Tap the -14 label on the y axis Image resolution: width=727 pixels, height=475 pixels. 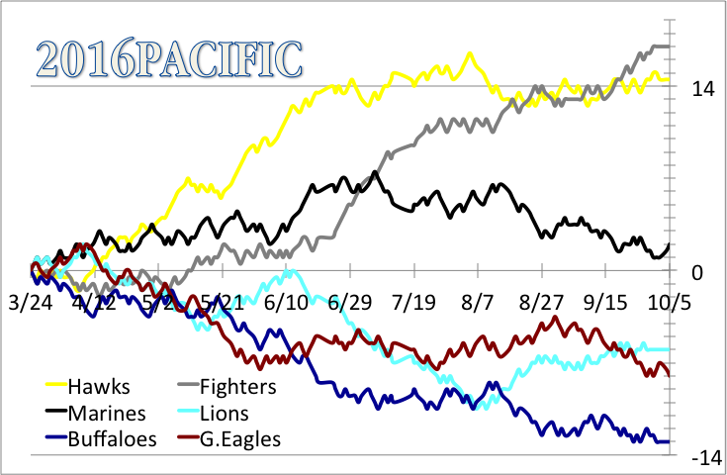tap(706, 458)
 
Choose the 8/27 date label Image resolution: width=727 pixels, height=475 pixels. tap(540, 300)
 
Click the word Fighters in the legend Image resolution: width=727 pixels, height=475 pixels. tap(237, 386)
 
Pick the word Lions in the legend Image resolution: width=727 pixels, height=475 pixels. tap(225, 413)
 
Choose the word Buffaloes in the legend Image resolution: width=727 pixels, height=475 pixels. tap(114, 438)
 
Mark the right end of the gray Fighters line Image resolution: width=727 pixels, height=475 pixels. tap(671, 47)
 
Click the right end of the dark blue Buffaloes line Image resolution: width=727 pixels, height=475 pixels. tap(671, 441)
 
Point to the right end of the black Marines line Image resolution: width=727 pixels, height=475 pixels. tap(671, 243)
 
